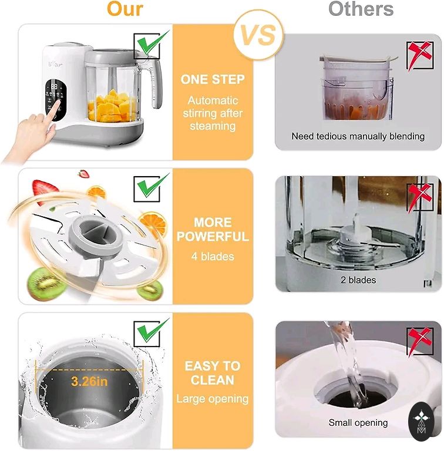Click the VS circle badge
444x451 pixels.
258,35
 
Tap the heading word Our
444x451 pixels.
125,9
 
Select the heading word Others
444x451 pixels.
361,9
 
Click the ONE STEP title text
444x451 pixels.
213,79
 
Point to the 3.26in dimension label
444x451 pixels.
89,381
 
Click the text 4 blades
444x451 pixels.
213,256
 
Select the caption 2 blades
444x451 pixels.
358,280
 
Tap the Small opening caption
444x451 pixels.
358,423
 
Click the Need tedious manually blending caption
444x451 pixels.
358,136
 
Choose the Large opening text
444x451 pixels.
213,399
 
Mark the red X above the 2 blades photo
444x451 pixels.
419,197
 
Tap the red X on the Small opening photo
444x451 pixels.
419,340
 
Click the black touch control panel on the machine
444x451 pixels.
56,100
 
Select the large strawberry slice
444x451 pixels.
45,190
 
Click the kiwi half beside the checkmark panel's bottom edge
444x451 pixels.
150,290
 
